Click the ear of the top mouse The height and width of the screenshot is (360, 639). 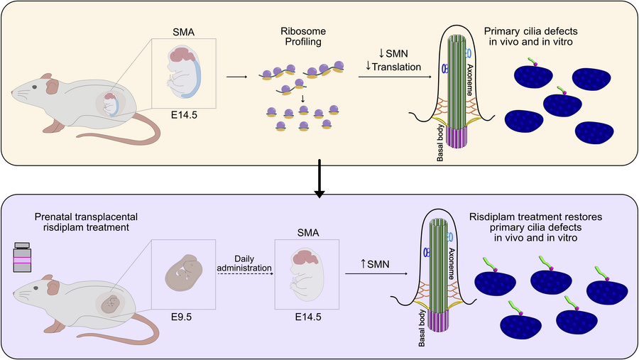pyautogui.click(x=53, y=87)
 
